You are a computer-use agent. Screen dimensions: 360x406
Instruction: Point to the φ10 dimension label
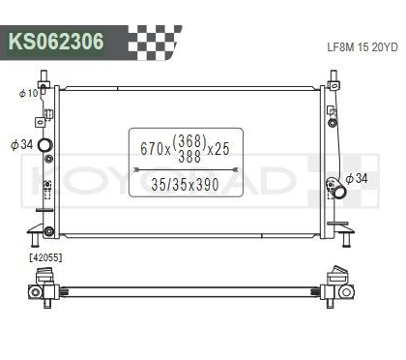coord(28,93)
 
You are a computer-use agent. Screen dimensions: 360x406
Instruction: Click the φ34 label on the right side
coord(358,178)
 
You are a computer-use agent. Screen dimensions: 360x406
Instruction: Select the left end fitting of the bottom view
coord(44,286)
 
